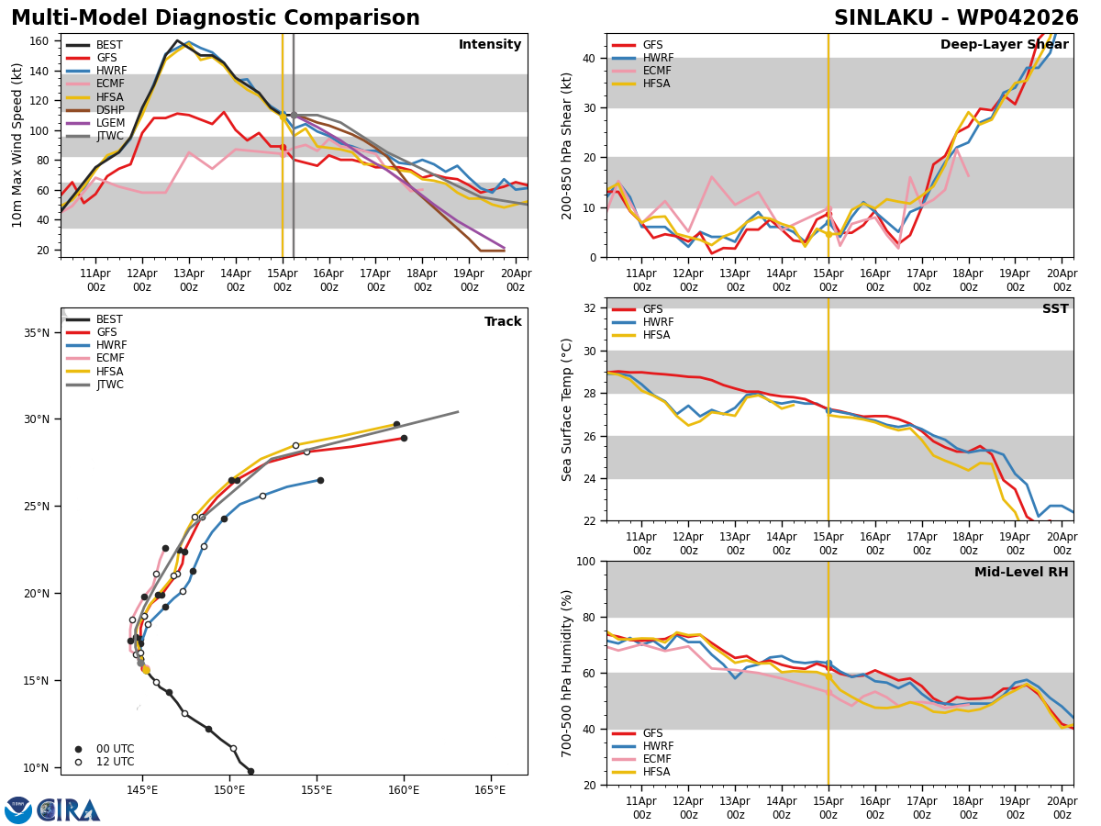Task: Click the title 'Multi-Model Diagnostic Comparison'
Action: [216, 18]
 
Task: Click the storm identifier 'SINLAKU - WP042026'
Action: [956, 18]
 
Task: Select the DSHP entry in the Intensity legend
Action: [106, 109]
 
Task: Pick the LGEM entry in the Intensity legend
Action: [106, 122]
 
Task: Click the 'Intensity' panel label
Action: [490, 45]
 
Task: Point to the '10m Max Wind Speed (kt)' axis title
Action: [17, 145]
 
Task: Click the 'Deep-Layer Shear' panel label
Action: [1004, 45]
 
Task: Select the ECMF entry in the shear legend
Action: [651, 71]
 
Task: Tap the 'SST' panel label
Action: [1055, 309]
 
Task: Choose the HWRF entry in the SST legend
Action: [652, 322]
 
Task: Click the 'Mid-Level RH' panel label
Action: [1021, 573]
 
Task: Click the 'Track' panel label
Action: [503, 322]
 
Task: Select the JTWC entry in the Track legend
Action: [109, 385]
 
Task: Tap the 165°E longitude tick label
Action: [490, 790]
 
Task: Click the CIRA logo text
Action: [69, 809]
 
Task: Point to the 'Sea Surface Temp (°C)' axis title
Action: [568, 409]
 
